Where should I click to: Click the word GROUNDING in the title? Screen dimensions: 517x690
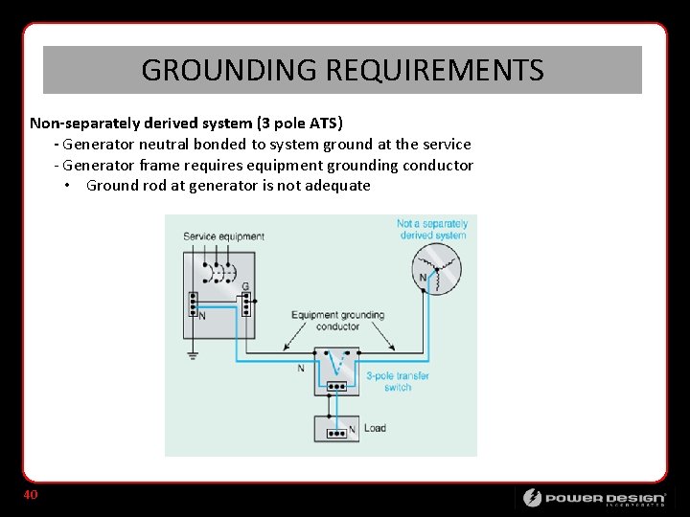point(229,70)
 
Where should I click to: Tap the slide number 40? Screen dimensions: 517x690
point(31,495)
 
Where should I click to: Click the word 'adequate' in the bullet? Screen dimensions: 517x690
point(337,186)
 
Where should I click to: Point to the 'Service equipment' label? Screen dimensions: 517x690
point(223,236)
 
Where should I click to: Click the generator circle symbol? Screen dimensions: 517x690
point(436,269)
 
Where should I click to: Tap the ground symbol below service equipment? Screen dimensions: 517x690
point(193,355)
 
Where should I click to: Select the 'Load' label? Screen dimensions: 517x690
point(375,428)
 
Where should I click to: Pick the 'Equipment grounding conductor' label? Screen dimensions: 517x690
point(337,320)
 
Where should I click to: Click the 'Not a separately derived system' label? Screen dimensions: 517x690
point(431,230)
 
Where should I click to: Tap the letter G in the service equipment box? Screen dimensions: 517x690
point(245,286)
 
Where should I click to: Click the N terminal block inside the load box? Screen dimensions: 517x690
point(336,432)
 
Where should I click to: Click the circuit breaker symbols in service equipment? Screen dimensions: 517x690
point(222,274)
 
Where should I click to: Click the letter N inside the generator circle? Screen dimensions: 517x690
point(424,278)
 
